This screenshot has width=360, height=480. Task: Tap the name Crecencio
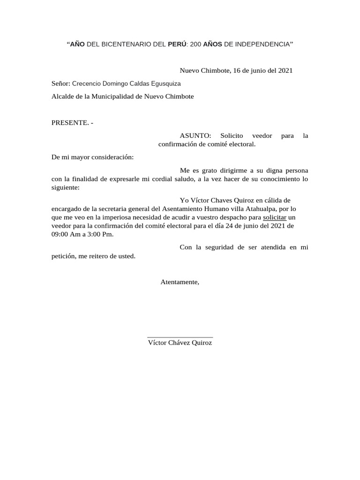pos(87,84)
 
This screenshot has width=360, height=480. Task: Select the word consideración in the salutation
pos(112,157)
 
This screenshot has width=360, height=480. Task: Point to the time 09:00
pos(60,234)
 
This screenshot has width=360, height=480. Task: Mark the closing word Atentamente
pos(180,282)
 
